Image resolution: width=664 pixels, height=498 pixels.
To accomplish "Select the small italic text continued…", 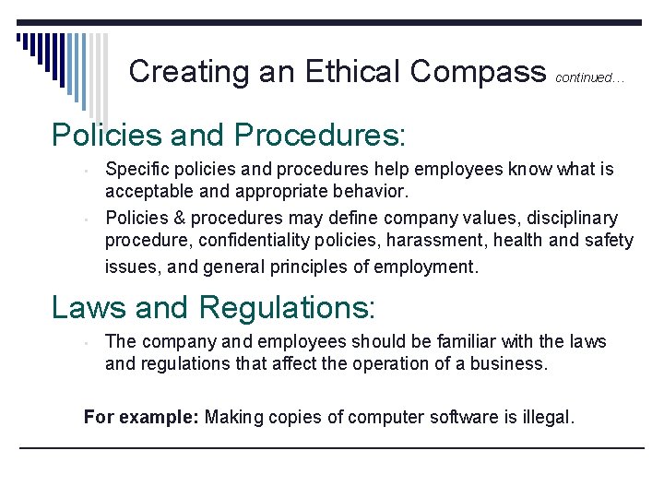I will click(589, 78).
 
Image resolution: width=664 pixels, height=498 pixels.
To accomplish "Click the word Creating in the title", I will click(189, 71).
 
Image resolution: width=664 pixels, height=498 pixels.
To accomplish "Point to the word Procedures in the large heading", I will click(319, 135).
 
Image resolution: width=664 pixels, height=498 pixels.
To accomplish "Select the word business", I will click(509, 363).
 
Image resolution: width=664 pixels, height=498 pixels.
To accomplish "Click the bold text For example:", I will click(140, 418).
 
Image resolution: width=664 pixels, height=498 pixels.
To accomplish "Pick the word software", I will click(466, 418).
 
